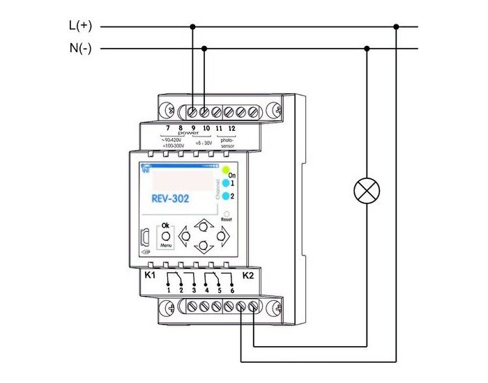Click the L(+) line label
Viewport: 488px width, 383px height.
pyautogui.click(x=80, y=26)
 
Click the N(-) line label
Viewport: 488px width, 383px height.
pyautogui.click(x=80, y=49)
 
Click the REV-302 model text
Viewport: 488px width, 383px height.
pyautogui.click(x=170, y=198)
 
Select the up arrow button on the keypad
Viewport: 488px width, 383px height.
pyautogui.click(x=203, y=226)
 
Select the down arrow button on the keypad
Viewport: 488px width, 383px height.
pyautogui.click(x=203, y=247)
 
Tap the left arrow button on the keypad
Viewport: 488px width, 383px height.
pyautogui.click(x=185, y=236)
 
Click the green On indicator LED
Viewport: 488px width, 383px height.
pyautogui.click(x=226, y=169)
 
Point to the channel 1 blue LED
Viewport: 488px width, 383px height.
pyautogui.click(x=226, y=182)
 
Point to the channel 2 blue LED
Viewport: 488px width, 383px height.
pyautogui.click(x=226, y=196)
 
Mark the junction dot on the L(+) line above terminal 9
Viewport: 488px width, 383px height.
pyautogui.click(x=192, y=26)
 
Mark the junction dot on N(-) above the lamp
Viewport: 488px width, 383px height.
pyautogui.click(x=367, y=49)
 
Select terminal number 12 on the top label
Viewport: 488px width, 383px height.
pyautogui.click(x=231, y=128)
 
